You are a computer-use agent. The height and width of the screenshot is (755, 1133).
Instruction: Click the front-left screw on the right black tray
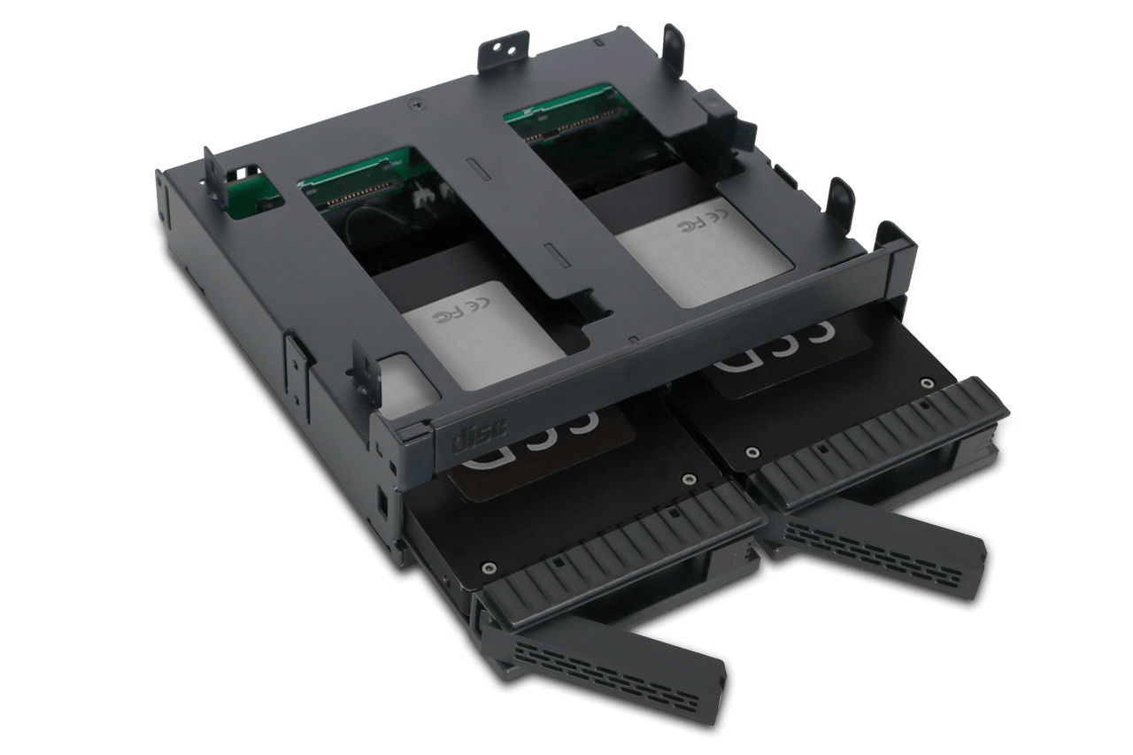point(751,452)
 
